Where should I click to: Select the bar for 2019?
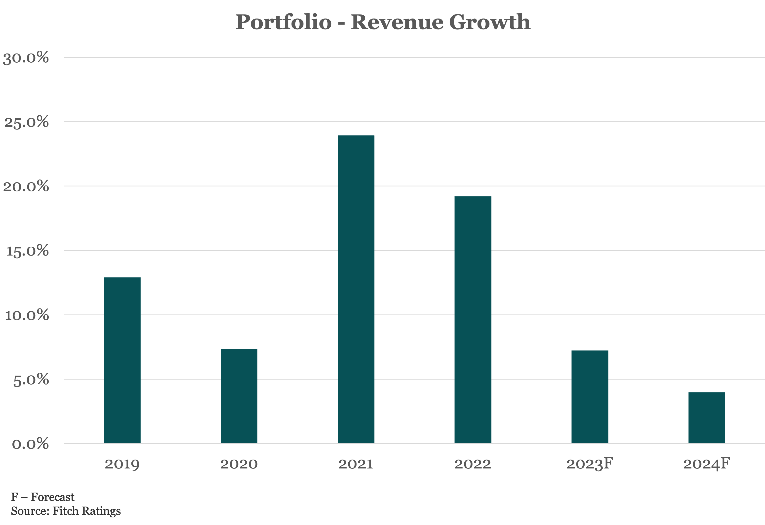[x=122, y=360]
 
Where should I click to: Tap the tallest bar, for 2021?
[x=356, y=289]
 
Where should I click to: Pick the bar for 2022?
[x=473, y=320]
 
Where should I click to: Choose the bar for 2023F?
[x=590, y=397]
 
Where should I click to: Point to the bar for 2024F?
[x=706, y=418]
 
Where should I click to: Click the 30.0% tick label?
[x=26, y=58]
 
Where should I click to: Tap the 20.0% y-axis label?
[x=26, y=187]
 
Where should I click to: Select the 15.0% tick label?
[x=27, y=251]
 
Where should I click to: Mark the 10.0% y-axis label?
[x=26, y=315]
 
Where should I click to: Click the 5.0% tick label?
[x=31, y=379]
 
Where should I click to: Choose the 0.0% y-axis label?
[x=30, y=444]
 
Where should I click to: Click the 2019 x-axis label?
[x=122, y=464]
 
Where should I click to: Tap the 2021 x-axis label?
[x=356, y=464]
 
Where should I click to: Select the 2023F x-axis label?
[x=590, y=464]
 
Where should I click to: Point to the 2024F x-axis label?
[x=706, y=464]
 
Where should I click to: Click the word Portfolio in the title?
[x=283, y=22]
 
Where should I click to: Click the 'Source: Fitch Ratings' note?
[x=66, y=511]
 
